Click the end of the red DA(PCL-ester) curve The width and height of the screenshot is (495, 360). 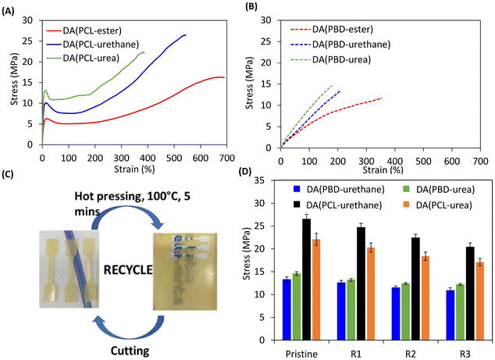tap(224, 77)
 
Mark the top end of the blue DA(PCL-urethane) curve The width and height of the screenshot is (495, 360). tap(185, 34)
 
